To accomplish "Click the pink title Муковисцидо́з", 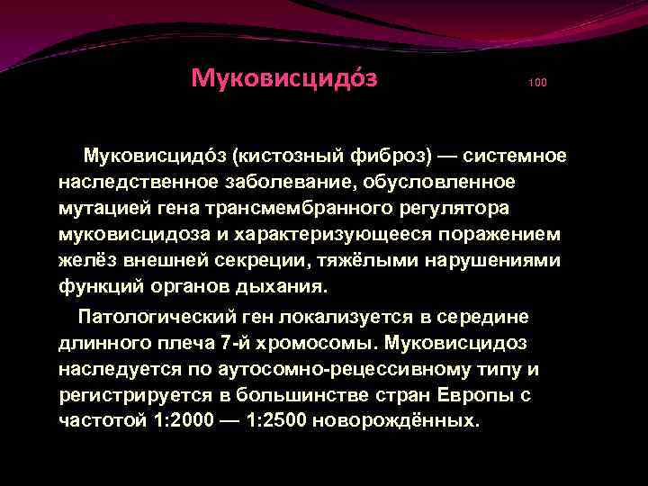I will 283,78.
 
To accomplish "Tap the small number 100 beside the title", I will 537,83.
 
